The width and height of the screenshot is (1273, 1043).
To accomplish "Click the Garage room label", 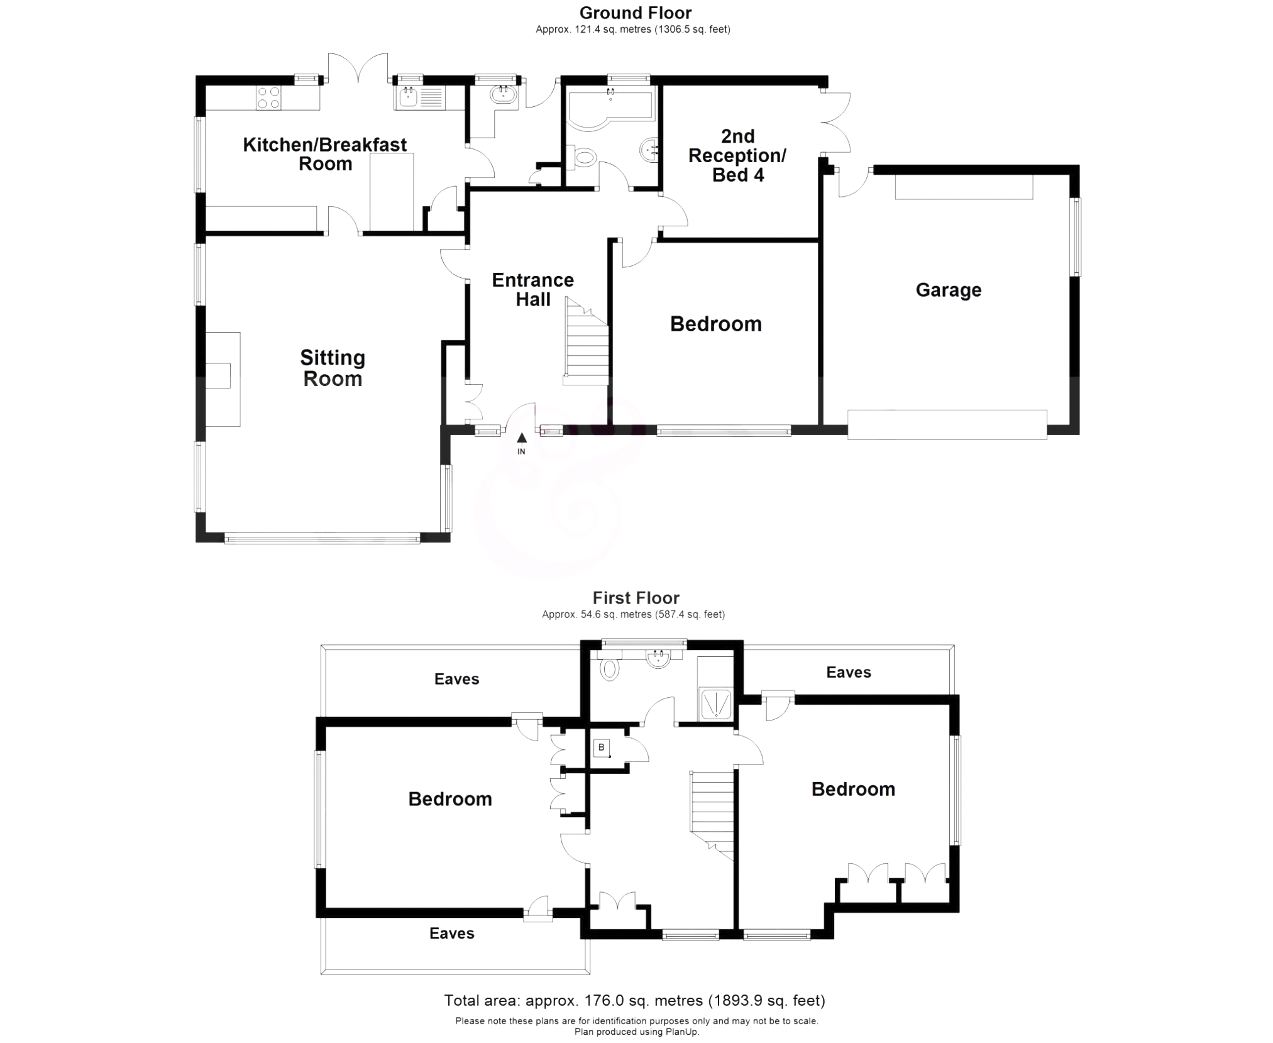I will [948, 290].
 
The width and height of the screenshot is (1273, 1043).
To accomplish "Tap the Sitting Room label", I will [333, 368].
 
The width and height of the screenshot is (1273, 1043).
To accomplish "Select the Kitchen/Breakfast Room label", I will [325, 154].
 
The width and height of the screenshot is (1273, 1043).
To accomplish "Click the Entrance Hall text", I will [532, 290].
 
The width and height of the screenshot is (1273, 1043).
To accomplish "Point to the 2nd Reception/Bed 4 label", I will [737, 155].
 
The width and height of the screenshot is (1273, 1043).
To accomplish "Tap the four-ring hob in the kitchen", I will [268, 98].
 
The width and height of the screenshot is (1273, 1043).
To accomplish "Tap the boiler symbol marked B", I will [602, 748].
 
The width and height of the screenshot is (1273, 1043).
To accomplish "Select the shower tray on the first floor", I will [716, 704].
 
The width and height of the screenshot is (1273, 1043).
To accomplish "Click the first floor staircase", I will [713, 811].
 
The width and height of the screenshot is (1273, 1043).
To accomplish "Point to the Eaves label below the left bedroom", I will [451, 933].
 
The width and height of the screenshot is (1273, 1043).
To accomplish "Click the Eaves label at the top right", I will [848, 672].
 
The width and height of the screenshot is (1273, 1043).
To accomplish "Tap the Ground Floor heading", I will [635, 13].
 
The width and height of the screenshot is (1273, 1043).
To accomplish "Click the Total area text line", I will [634, 1000].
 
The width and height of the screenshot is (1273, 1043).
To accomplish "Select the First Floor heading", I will [636, 597].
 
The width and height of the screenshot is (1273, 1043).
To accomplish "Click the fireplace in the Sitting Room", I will [223, 378].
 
